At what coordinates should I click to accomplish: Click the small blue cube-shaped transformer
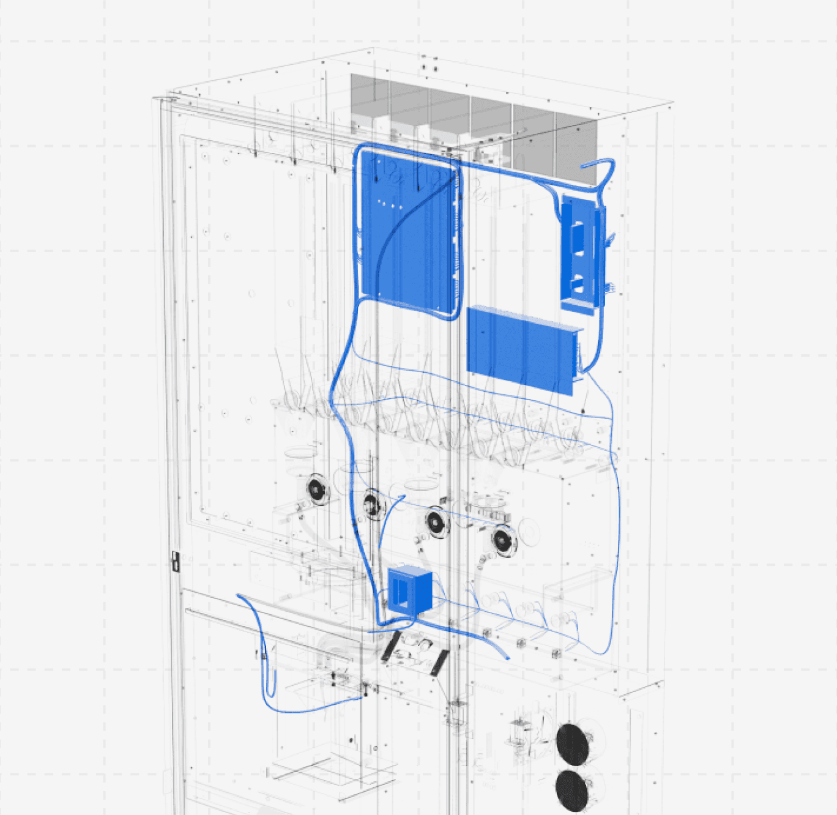pos(409,590)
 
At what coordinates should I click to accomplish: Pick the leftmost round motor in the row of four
pos(316,489)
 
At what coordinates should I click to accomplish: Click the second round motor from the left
pos(371,505)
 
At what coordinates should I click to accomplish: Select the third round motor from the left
pos(437,523)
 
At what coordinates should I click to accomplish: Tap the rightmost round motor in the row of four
pos(504,540)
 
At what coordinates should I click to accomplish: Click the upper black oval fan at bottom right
pos(573,744)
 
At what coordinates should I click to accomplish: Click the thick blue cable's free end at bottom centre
pos(507,657)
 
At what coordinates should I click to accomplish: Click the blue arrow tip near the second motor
pos(403,496)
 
